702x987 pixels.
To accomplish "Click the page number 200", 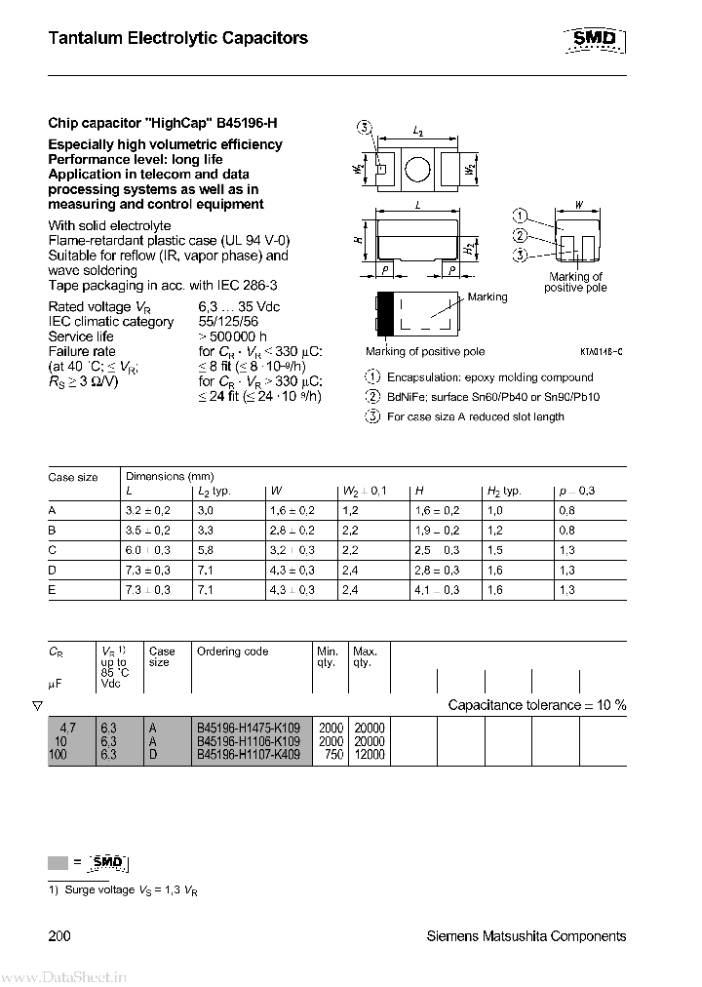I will (x=58, y=936).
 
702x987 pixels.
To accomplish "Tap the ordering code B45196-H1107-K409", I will (x=249, y=755).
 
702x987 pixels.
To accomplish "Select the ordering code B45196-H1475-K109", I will (x=249, y=728).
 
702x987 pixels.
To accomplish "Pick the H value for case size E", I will (x=437, y=590).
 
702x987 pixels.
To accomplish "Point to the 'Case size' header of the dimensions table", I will (x=73, y=477).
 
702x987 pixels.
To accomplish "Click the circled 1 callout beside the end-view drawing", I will (x=521, y=216).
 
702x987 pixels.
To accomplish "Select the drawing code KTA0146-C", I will (x=600, y=351).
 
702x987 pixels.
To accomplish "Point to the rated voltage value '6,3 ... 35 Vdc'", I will (x=240, y=306).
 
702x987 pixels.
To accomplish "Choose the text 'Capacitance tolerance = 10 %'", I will (x=536, y=704).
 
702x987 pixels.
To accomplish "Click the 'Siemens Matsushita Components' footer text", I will (x=526, y=936).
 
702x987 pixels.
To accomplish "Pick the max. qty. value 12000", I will (x=369, y=755).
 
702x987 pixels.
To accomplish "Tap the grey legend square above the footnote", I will (x=58, y=862).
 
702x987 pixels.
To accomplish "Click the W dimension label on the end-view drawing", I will (x=579, y=206).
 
